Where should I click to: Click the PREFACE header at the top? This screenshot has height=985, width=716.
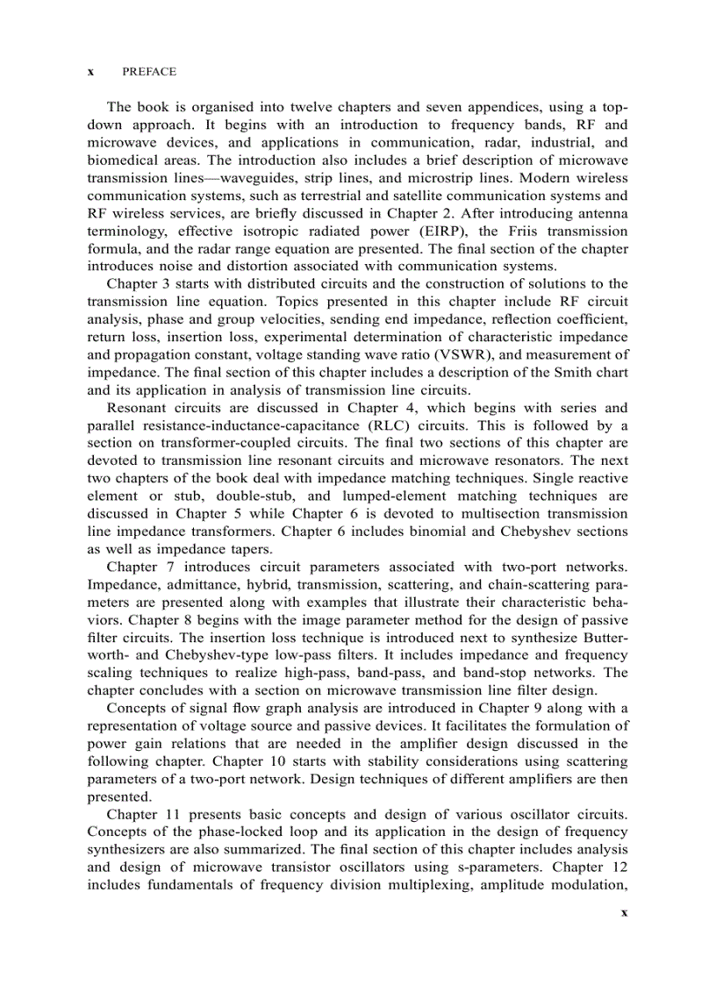tap(149, 72)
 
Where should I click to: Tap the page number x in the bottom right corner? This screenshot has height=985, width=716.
tap(624, 912)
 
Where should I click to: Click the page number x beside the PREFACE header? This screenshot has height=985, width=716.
tap(91, 72)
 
